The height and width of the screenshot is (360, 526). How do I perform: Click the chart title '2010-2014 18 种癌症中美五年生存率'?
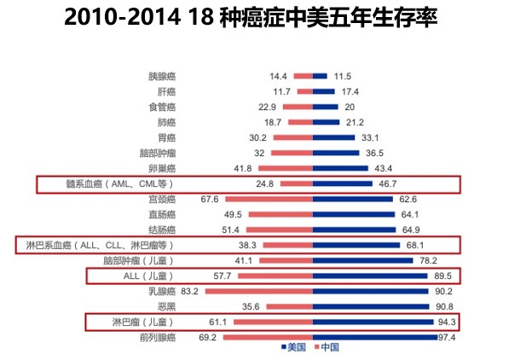point(251,18)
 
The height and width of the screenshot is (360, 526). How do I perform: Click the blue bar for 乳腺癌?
point(361,291)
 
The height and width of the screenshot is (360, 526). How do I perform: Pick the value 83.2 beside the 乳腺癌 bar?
point(189,291)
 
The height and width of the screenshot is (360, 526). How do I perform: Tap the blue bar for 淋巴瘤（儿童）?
point(363,322)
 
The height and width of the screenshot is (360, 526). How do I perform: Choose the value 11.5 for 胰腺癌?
point(343,76)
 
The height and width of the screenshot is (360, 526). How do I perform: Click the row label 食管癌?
point(162,107)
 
